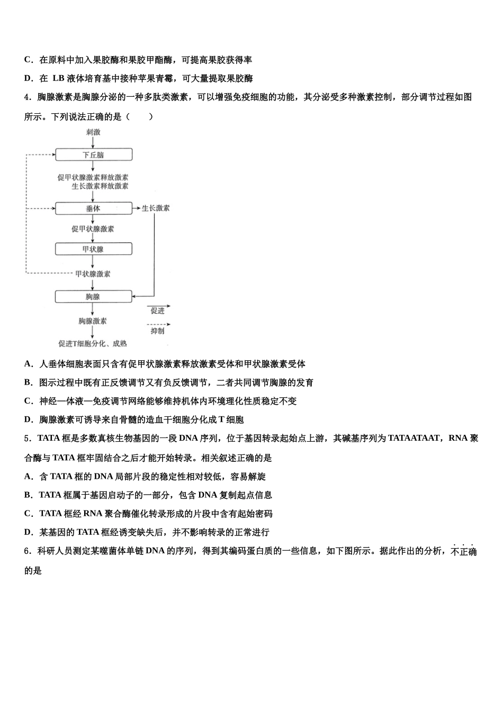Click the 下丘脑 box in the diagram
click(93, 154)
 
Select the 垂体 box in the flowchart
click(93, 208)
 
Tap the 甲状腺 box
click(93, 249)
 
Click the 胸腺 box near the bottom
click(93, 297)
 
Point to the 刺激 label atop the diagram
click(93, 132)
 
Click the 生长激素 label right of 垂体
click(156, 208)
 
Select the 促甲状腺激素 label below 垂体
click(93, 229)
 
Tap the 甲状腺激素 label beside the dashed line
click(93, 274)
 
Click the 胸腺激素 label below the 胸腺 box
click(93, 321)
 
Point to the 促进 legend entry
click(158, 311)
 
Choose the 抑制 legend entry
click(158, 331)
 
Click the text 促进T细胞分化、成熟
click(93, 343)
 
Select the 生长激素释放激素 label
click(100, 186)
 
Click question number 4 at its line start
click(26, 97)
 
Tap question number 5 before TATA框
click(26, 439)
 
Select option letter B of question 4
click(28, 382)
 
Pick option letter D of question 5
click(28, 532)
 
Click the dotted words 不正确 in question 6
click(464, 551)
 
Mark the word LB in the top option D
click(58, 78)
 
